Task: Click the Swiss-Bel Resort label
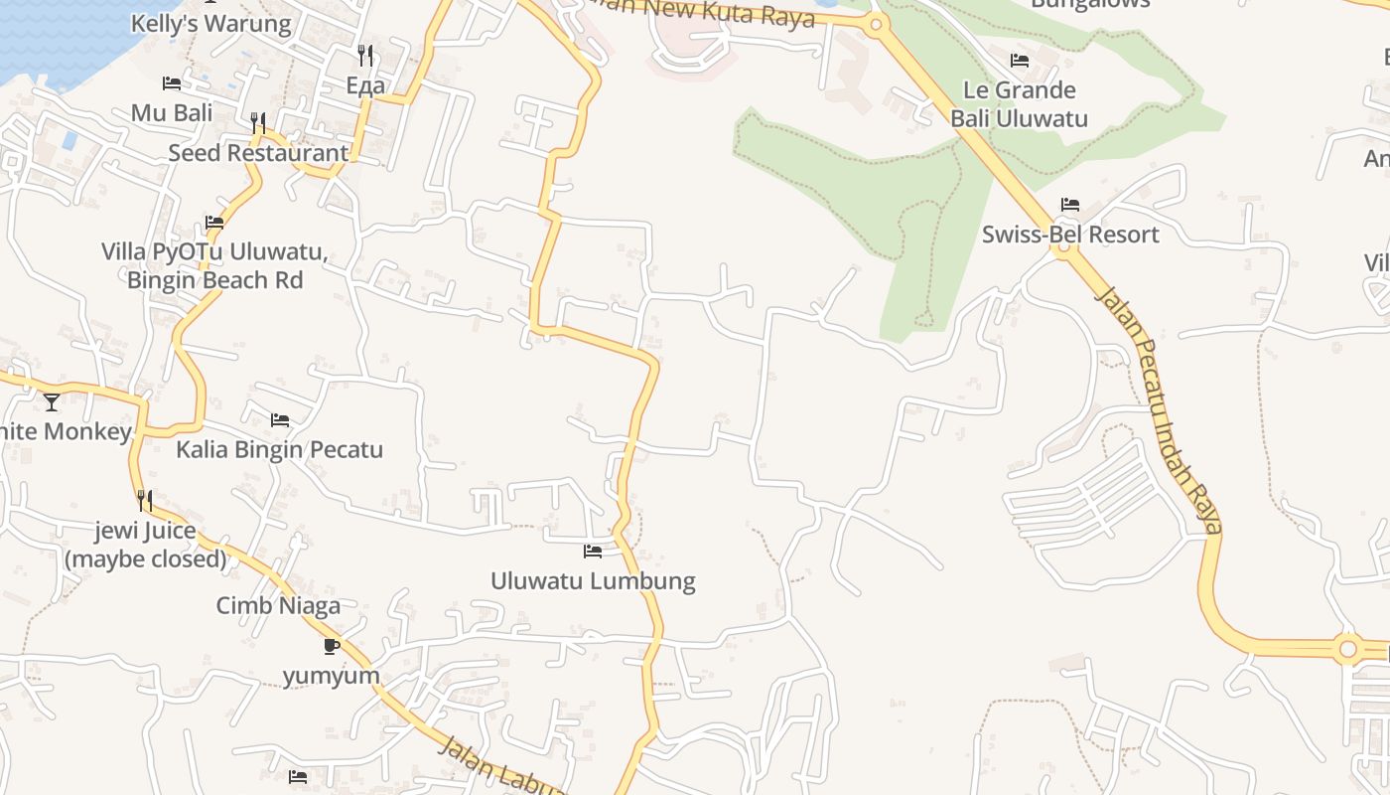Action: tap(1070, 235)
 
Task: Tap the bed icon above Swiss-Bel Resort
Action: tap(1069, 205)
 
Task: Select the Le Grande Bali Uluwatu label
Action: tap(1019, 104)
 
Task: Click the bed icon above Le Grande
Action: tap(1019, 61)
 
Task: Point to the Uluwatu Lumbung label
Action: tap(593, 580)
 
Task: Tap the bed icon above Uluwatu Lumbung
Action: tap(593, 551)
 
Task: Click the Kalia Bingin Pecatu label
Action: tap(279, 449)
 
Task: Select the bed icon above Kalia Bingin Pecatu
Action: tap(280, 420)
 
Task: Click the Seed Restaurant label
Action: tap(258, 153)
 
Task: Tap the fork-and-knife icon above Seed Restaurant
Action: tap(258, 122)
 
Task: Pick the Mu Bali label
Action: tap(172, 112)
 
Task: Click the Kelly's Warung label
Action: tap(211, 24)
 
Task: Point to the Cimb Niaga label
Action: tap(278, 605)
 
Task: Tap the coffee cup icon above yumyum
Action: tap(332, 647)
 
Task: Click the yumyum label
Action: tap(332, 676)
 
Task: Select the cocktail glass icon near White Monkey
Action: tap(52, 402)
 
